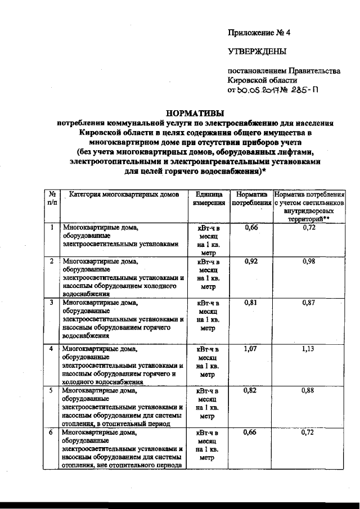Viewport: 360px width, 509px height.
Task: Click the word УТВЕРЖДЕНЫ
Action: [256, 52]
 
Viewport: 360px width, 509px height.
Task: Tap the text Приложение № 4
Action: [259, 33]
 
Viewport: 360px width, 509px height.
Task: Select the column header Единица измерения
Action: [209, 198]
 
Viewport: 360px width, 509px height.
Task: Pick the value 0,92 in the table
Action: [251, 262]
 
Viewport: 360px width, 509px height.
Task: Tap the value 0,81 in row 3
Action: [251, 303]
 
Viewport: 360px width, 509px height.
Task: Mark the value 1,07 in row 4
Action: [251, 349]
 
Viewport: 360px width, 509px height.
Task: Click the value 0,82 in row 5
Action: [251, 390]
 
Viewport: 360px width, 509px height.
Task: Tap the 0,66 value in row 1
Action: [251, 227]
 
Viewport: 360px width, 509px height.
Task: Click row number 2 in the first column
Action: [52, 262]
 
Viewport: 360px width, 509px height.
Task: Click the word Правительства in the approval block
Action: [314, 71]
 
